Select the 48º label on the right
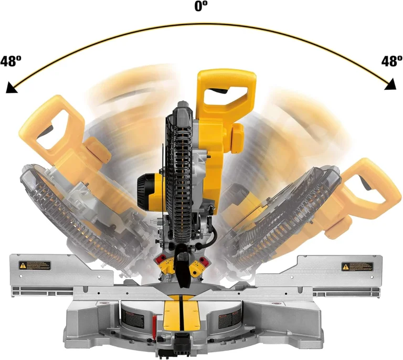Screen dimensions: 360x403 [391, 61]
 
